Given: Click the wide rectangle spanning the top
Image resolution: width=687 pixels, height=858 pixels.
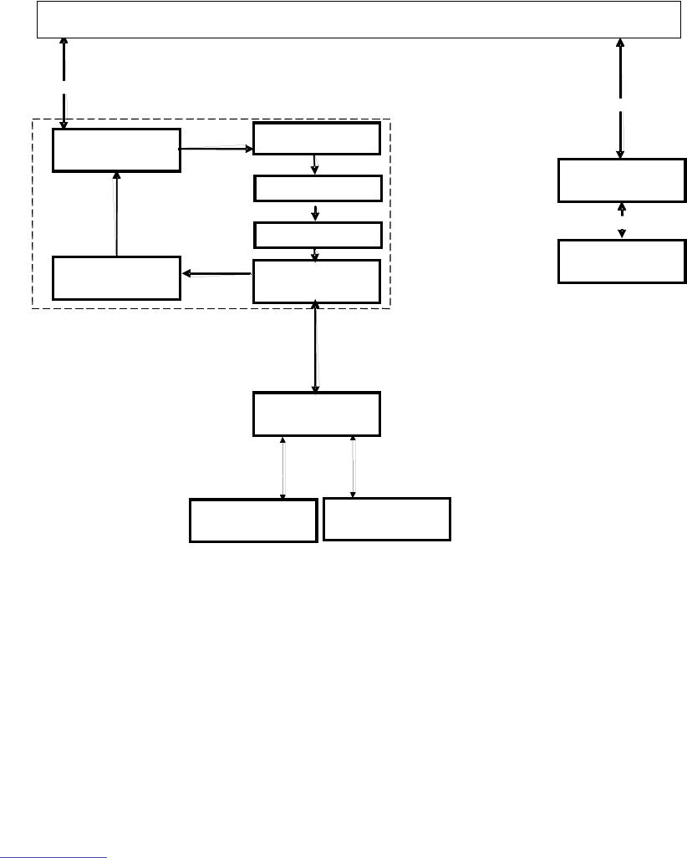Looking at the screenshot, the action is click(x=358, y=19).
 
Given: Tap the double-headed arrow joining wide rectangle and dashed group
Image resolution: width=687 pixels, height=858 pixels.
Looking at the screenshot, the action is click(x=64, y=83).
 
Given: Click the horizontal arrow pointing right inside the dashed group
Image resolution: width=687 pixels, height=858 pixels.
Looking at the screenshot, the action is click(x=216, y=150).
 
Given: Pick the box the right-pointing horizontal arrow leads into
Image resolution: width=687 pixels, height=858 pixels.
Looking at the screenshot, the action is click(x=317, y=138).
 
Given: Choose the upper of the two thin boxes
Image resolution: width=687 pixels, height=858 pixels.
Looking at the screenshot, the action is click(x=317, y=189).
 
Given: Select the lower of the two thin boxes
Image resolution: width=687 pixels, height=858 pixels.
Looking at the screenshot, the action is click(x=317, y=235).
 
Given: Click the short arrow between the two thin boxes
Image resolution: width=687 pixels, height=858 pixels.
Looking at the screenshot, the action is click(x=316, y=211).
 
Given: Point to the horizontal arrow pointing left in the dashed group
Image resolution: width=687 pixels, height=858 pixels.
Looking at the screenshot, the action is click(x=216, y=272).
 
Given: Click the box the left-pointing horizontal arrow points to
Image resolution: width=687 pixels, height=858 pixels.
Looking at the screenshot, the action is click(x=116, y=277).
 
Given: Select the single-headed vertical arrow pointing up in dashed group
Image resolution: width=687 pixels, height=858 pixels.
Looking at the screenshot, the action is click(x=116, y=214).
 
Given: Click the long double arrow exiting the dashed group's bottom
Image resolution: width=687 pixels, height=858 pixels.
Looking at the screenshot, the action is click(x=315, y=347).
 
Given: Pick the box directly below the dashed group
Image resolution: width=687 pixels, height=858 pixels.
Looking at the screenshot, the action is click(x=317, y=414).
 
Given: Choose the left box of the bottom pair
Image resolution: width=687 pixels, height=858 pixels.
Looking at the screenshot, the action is click(x=253, y=520).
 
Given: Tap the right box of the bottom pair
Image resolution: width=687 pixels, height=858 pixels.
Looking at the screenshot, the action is click(x=387, y=519).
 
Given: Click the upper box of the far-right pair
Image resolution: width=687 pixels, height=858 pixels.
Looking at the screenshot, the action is click(x=622, y=180).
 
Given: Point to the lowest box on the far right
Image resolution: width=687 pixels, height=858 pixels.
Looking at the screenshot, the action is click(x=622, y=261).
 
